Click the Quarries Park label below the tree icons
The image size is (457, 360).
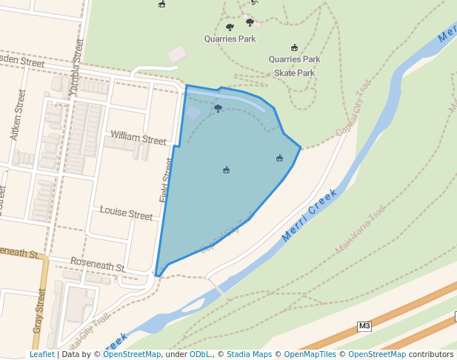click(230, 38)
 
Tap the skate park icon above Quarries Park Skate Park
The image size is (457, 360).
click(295, 48)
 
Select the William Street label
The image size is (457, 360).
click(139, 139)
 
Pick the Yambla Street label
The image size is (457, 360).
click(76, 69)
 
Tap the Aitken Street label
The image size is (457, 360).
click(17, 116)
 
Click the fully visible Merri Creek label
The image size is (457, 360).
click(310, 216)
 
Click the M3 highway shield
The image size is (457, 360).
click(364, 326)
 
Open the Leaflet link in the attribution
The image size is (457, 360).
click(41, 355)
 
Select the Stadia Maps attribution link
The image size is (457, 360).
click(249, 355)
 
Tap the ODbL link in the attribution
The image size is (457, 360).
click(200, 355)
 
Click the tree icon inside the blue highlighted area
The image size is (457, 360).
click(218, 109)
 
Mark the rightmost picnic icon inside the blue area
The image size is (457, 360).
click(279, 158)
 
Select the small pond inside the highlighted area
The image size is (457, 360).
click(193, 113)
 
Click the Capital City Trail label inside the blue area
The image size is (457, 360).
click(227, 231)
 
